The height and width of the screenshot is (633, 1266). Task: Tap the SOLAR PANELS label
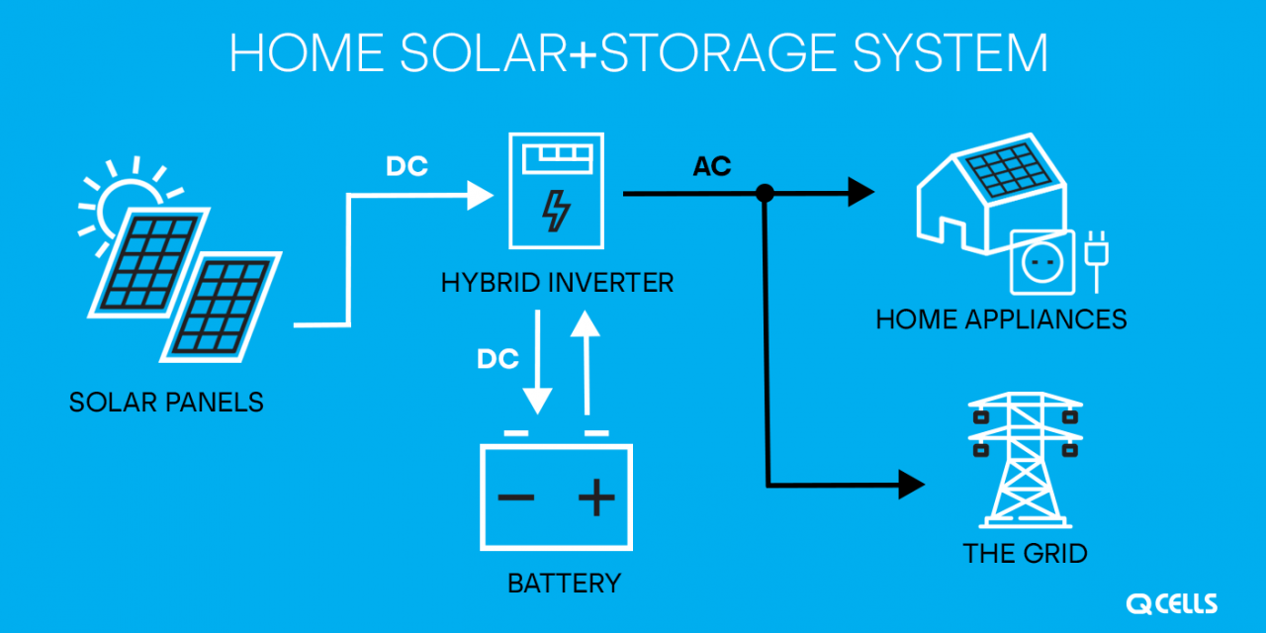point(166,403)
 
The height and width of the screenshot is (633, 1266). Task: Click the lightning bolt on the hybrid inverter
point(557,210)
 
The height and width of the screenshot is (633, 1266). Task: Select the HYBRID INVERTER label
point(557,284)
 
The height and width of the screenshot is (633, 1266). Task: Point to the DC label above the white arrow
point(407,168)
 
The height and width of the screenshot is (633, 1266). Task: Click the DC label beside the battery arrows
point(497,360)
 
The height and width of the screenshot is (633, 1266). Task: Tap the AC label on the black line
point(712,167)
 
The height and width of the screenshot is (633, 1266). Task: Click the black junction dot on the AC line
point(765,194)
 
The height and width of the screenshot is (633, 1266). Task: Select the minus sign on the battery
point(516,497)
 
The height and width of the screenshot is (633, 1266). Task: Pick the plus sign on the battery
point(595,497)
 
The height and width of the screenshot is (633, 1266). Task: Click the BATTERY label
point(564,584)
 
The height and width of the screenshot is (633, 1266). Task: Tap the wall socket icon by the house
point(1040,262)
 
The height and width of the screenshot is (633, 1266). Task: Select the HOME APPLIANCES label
point(1001,319)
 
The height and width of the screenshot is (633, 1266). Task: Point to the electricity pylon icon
point(1025,460)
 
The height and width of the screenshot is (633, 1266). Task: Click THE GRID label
point(1025,553)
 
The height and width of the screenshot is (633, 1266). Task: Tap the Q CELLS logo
point(1171,603)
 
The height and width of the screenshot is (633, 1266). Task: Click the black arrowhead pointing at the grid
point(910,485)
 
